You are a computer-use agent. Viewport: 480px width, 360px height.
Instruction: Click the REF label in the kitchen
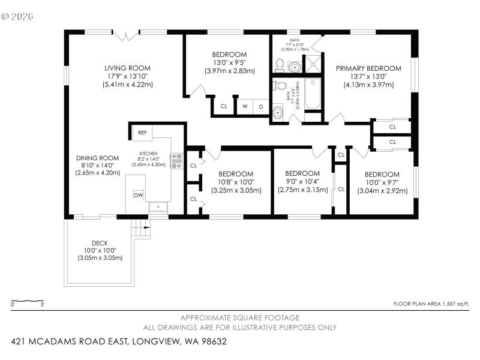click(142, 133)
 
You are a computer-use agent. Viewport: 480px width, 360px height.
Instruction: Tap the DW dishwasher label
click(139, 195)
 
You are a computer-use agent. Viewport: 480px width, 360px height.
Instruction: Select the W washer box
click(245, 106)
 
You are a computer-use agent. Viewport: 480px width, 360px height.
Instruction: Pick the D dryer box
click(261, 106)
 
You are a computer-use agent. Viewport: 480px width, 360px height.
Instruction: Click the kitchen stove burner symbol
click(176, 160)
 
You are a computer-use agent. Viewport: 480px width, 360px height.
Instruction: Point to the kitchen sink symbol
click(159, 206)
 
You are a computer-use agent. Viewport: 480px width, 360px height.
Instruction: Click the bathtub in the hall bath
click(313, 96)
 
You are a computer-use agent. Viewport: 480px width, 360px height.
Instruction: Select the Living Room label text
click(127, 68)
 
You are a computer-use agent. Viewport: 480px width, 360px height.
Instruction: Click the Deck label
click(100, 243)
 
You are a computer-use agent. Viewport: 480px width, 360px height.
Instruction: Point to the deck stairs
click(140, 228)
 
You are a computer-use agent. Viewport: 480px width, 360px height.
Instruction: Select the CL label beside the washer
click(224, 106)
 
